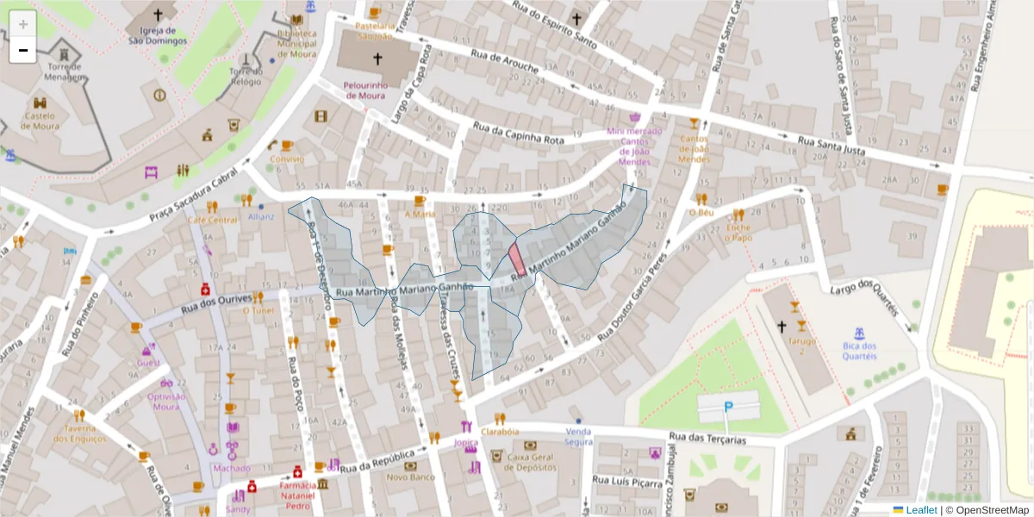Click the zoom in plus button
[23, 24]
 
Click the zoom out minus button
[23, 50]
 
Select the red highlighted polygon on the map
[517, 258]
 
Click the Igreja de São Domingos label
[158, 35]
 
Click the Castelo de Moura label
[40, 121]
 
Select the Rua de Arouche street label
[505, 61]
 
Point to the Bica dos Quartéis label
[859, 352]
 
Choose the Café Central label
[213, 220]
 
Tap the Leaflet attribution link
[920, 510]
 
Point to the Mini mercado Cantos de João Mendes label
[635, 146]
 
